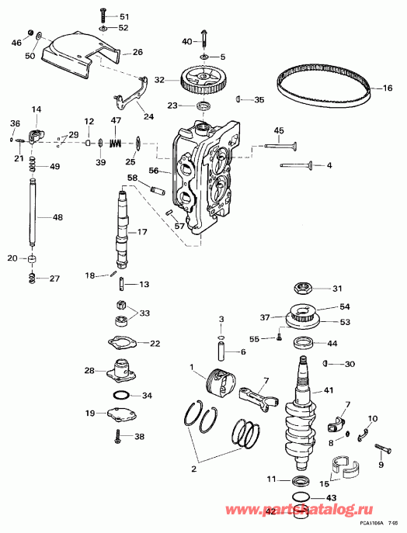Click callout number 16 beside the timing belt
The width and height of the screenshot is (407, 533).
pos(388,88)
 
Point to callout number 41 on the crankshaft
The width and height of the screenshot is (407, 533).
pos(329,390)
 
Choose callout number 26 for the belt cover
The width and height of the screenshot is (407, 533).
pos(137,53)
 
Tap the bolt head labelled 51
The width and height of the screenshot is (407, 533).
pos(103,16)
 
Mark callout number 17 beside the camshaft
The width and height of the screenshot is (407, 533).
pos(142,232)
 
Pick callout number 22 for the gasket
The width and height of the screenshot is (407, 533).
pos(155,343)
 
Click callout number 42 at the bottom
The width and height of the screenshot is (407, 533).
pos(270,512)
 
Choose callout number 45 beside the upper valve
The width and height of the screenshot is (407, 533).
pos(279,130)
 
